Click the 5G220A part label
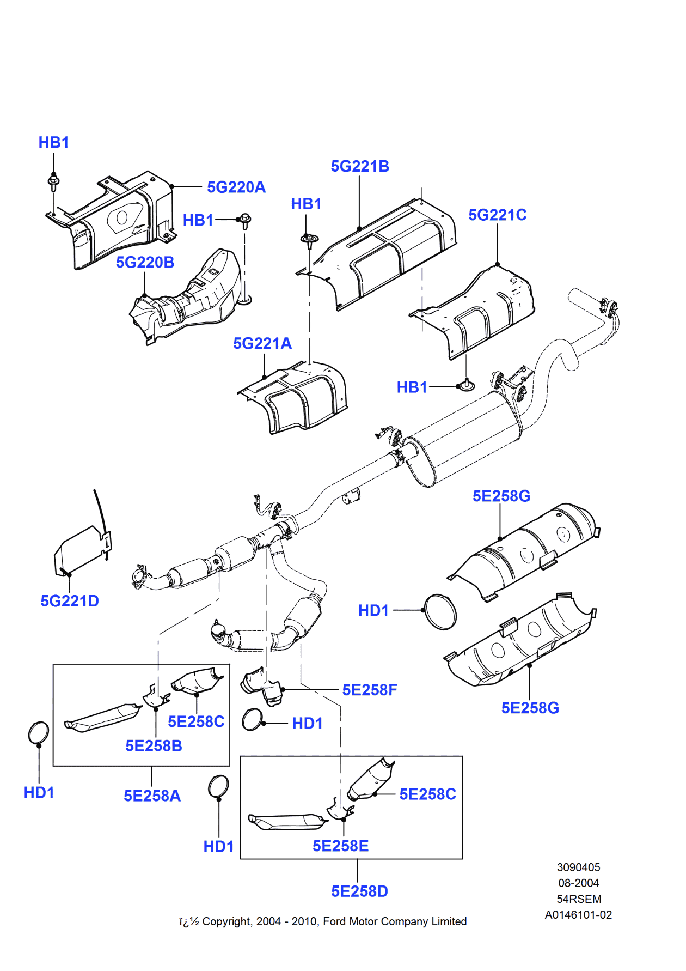tap(236, 187)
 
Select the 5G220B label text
tap(145, 263)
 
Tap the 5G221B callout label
tap(360, 167)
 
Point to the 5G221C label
tap(497, 215)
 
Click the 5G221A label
tap(262, 344)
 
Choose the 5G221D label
tap(70, 601)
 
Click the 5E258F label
tap(370, 690)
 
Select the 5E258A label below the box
tap(152, 796)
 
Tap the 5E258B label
tap(154, 746)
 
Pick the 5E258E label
tap(340, 846)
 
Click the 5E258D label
tap(359, 891)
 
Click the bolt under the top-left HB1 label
tap(53, 182)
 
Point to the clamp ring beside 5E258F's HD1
tap(252, 720)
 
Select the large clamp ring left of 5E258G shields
tap(440, 611)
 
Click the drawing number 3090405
tap(578, 867)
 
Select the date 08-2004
tap(578, 883)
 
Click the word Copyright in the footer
tap(227, 921)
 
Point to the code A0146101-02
tap(578, 915)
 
